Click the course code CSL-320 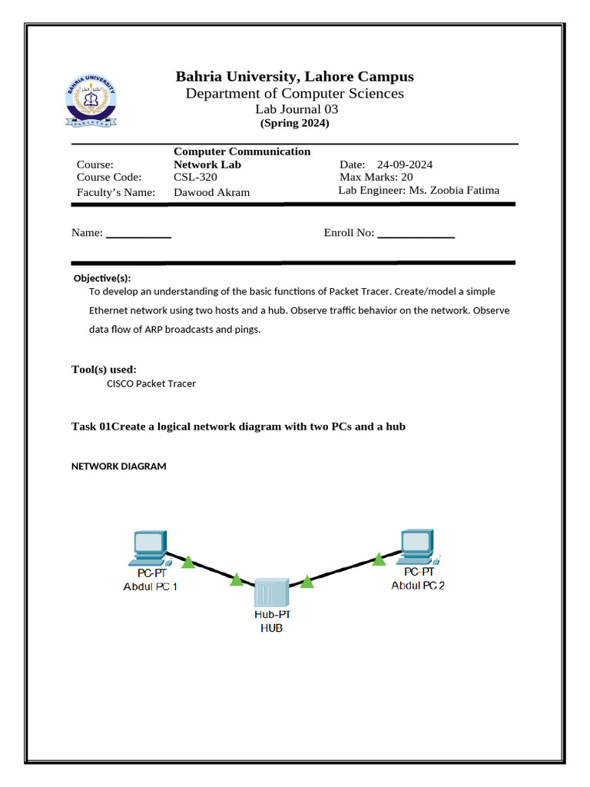click(195, 177)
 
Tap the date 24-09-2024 click(405, 164)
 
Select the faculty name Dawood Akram click(212, 192)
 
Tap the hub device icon click(271, 593)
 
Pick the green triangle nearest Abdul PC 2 click(379, 560)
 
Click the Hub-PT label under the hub click(273, 615)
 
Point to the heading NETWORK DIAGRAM click(119, 467)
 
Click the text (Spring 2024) click(295, 123)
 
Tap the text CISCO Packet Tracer click(151, 384)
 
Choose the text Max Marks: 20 click(376, 177)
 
